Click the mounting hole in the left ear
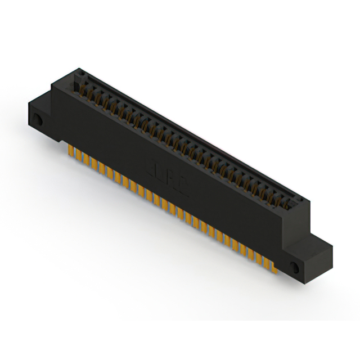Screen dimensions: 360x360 [x=38, y=120]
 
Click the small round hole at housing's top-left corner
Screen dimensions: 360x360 [x=80, y=74]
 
